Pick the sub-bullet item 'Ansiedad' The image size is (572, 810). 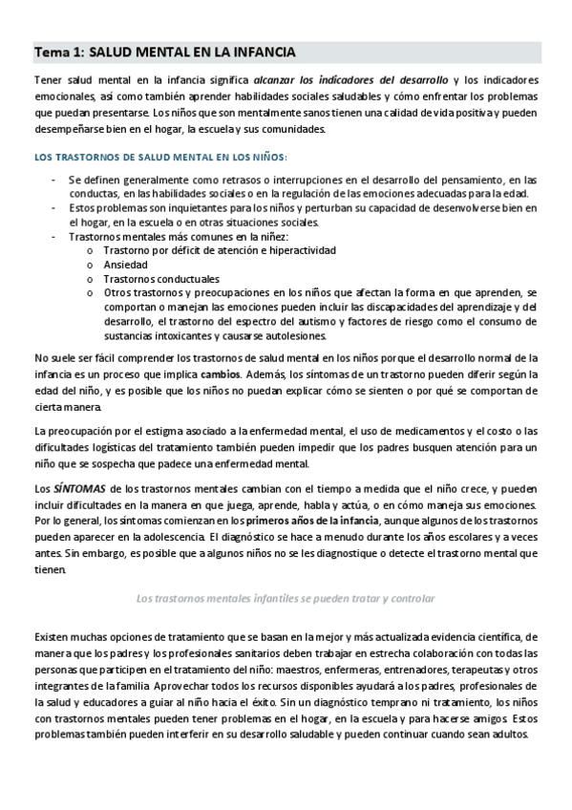pyautogui.click(x=126, y=265)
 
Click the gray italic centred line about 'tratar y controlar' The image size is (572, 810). pyautogui.click(x=286, y=598)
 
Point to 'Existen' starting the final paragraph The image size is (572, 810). pyautogui.click(x=53, y=635)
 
